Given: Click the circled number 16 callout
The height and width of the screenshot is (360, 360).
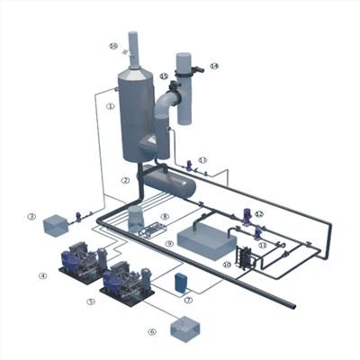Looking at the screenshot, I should click(113, 45).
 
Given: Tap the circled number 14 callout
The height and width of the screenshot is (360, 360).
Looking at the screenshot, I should click(214, 66).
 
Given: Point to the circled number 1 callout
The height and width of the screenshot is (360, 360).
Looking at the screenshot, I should click(110, 106).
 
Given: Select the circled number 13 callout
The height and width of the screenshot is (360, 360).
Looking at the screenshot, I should click(203, 159).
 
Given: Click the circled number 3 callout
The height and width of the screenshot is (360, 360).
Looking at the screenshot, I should click(31, 217).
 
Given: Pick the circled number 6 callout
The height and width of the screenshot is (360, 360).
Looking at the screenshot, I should click(152, 332).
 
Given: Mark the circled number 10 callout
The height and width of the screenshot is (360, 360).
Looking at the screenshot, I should click(228, 265).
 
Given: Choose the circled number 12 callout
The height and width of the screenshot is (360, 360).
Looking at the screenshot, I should click(259, 214).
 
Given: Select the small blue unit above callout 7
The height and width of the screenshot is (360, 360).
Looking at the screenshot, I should click(180, 282).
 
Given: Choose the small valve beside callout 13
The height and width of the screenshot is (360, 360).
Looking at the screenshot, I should click(187, 165).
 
